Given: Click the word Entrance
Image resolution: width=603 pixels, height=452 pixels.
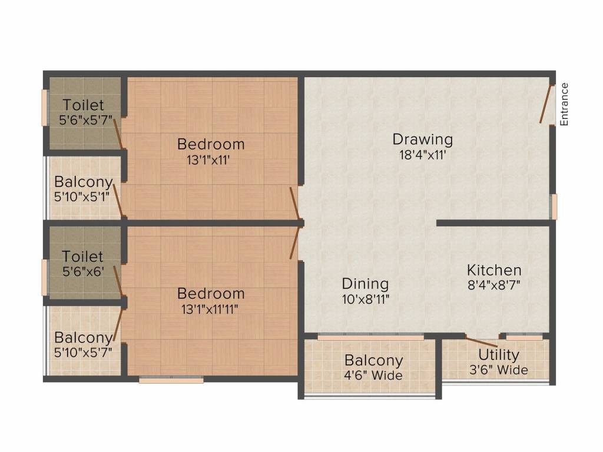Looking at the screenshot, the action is click(564, 104).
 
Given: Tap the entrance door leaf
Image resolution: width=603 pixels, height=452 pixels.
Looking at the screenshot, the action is click(546, 104).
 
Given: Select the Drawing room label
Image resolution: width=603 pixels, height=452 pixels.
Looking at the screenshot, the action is click(422, 139).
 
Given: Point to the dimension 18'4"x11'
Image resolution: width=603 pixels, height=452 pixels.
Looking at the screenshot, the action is click(422, 155).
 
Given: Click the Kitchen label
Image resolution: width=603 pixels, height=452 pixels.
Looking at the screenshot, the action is click(494, 270).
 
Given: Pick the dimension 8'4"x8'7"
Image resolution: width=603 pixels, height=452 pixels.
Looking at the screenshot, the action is click(494, 285).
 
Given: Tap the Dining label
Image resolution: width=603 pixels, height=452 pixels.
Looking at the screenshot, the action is click(365, 284).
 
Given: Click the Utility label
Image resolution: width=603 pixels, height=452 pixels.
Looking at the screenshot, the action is click(499, 354).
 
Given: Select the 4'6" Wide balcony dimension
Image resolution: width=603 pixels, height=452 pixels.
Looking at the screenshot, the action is click(373, 375).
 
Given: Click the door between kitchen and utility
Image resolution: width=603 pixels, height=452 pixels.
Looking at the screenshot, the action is click(481, 341).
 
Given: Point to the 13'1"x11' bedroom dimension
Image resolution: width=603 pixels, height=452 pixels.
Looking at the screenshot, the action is click(208, 160).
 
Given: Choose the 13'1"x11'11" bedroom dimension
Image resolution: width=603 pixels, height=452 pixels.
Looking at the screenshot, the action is click(210, 309).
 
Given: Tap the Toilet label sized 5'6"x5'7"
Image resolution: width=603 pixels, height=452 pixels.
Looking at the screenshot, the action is click(83, 105).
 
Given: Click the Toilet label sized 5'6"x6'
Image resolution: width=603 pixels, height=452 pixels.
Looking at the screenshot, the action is click(82, 257).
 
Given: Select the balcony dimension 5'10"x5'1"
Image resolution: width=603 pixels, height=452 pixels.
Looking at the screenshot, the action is click(82, 197).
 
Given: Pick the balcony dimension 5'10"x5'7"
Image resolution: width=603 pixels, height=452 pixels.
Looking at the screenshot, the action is click(83, 352).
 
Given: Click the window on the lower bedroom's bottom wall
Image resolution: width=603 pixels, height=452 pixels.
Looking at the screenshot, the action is click(171, 380).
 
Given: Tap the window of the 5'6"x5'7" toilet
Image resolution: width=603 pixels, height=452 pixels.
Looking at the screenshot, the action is click(44, 108).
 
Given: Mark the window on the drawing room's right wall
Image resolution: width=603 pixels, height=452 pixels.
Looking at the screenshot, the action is click(554, 207).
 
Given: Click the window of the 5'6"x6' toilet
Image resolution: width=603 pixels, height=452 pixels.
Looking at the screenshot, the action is click(44, 278).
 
